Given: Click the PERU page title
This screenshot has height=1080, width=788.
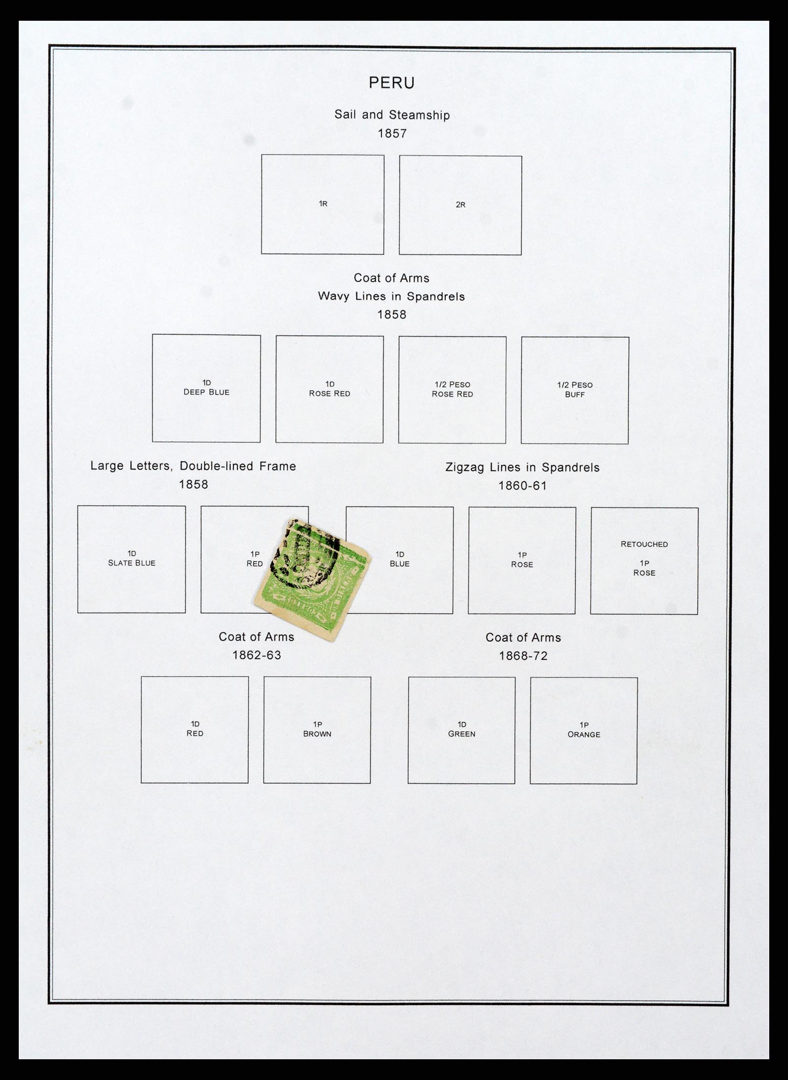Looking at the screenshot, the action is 392,83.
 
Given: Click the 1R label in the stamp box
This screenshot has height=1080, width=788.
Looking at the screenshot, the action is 323,203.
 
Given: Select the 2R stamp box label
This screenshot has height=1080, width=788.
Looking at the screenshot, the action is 460,204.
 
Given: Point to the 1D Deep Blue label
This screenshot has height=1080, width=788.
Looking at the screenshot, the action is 206,388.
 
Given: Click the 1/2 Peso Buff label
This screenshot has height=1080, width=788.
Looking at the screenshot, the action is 575,390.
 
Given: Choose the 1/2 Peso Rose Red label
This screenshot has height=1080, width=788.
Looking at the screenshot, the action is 452,389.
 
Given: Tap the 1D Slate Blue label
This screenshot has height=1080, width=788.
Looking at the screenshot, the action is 131,558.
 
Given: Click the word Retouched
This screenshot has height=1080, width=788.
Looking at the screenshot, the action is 644,544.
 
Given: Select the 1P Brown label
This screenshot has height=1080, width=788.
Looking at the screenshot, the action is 317,729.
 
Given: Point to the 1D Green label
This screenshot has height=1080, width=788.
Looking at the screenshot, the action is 461,729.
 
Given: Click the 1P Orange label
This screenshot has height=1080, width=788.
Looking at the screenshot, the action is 584,729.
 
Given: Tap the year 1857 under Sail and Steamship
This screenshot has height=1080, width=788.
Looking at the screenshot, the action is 392,133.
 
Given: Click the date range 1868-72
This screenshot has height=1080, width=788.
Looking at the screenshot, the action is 523,656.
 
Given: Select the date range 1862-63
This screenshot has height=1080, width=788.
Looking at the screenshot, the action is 257,655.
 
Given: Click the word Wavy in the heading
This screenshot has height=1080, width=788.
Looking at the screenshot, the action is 333,296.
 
